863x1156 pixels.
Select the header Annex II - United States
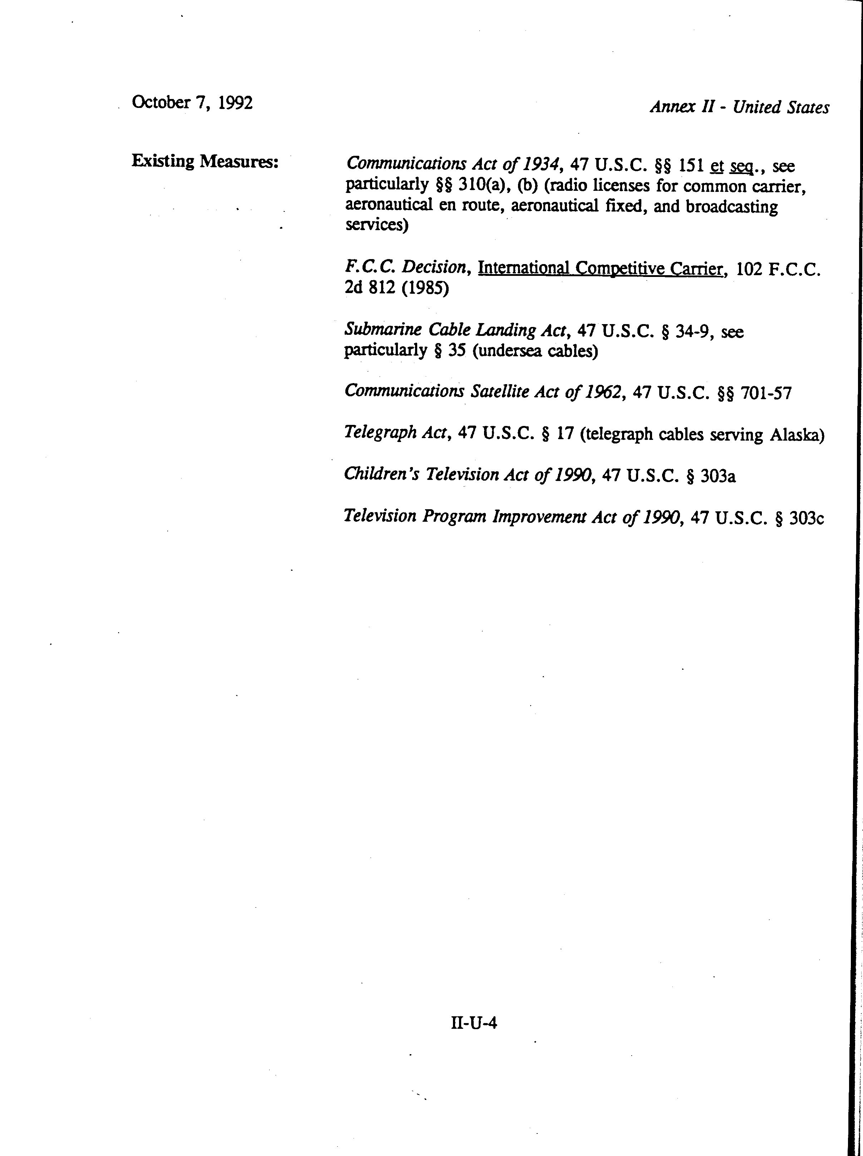coord(739,107)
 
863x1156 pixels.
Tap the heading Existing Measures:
coord(205,161)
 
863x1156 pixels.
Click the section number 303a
coord(718,476)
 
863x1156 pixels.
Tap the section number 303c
coord(807,519)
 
